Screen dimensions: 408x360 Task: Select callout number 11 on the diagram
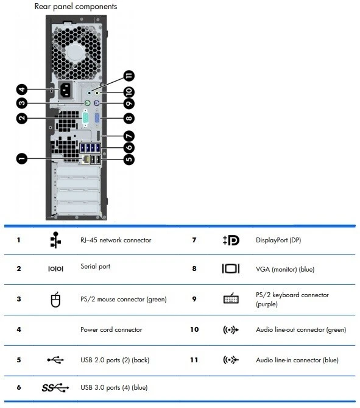(129, 76)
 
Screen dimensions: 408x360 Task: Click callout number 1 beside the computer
(21, 159)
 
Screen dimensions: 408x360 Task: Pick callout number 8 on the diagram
(129, 118)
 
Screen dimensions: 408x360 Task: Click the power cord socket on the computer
(66, 93)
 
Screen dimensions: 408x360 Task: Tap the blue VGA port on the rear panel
(101, 119)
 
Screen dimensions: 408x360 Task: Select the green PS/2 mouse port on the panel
(88, 104)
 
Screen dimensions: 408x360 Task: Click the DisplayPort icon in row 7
(231, 240)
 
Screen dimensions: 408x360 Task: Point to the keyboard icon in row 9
(231, 299)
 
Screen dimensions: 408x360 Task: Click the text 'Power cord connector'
(111, 329)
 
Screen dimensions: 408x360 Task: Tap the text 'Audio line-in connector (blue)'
(297, 360)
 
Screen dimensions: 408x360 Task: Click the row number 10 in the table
(194, 329)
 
